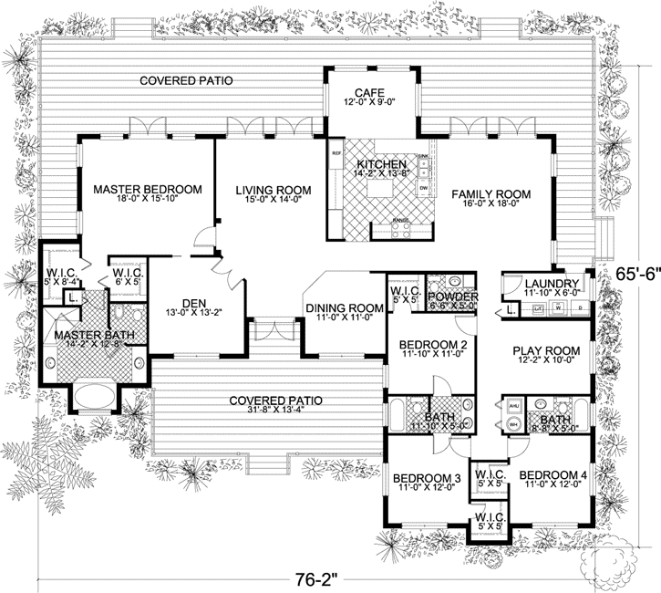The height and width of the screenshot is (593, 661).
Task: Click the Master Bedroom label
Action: coord(147,190)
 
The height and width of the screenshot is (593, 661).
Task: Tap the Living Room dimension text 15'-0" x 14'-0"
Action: coord(273,203)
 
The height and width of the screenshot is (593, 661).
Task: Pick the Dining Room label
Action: coord(343,308)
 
